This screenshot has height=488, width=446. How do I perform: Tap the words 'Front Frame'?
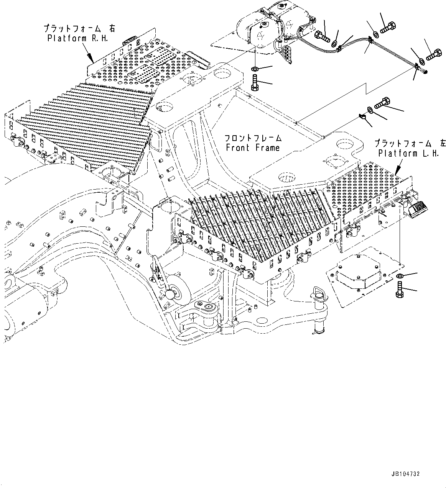click(253, 147)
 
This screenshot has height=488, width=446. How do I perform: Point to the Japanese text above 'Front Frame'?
click(253, 138)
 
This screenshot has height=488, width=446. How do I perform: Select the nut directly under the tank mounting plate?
click(254, 69)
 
